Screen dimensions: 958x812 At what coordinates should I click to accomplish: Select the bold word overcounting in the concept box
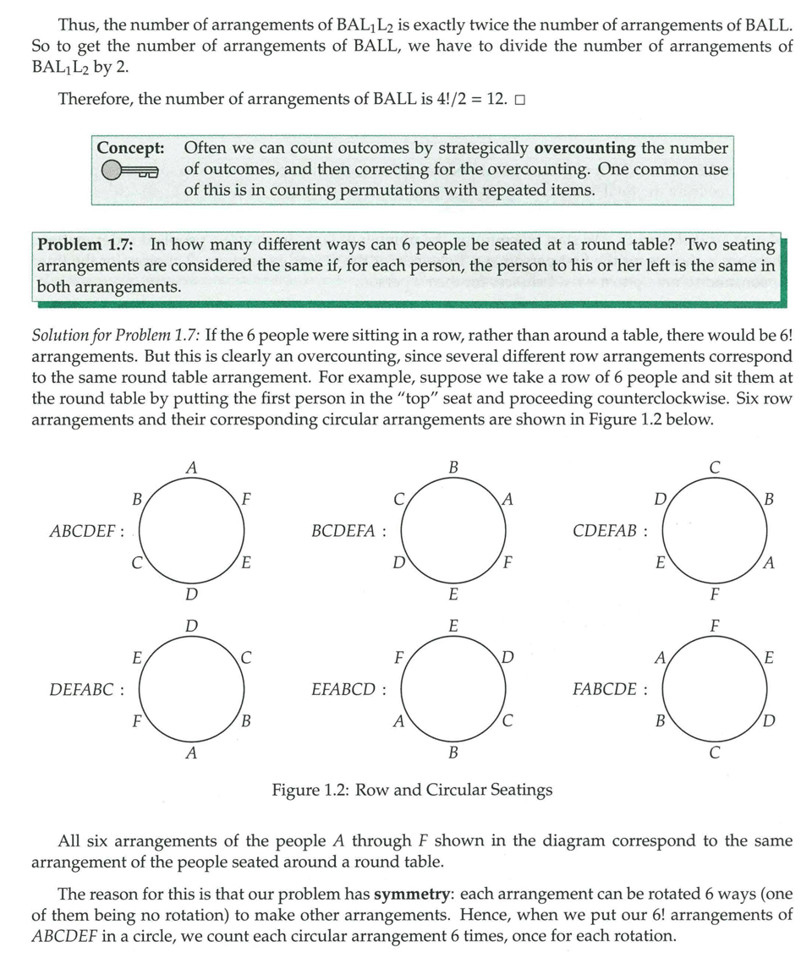tap(584, 148)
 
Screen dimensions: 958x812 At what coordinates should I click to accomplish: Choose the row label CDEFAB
tap(609, 532)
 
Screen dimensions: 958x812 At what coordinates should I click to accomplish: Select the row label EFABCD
tap(348, 689)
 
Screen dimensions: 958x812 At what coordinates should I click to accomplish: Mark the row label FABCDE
tap(609, 689)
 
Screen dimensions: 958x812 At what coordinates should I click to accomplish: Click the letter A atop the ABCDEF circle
tap(191, 466)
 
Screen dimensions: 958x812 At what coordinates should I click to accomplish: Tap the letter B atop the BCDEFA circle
tap(453, 466)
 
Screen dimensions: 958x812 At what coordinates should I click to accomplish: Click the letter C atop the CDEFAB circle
tap(715, 466)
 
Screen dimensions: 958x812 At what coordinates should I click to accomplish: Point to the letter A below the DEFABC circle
tap(191, 753)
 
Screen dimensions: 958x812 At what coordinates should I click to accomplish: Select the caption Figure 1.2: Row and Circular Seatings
tap(412, 790)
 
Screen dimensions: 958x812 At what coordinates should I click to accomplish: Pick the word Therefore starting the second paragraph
tap(94, 100)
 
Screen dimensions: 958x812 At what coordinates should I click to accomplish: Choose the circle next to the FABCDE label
tap(715, 689)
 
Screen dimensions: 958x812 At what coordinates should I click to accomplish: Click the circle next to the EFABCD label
tap(453, 689)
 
